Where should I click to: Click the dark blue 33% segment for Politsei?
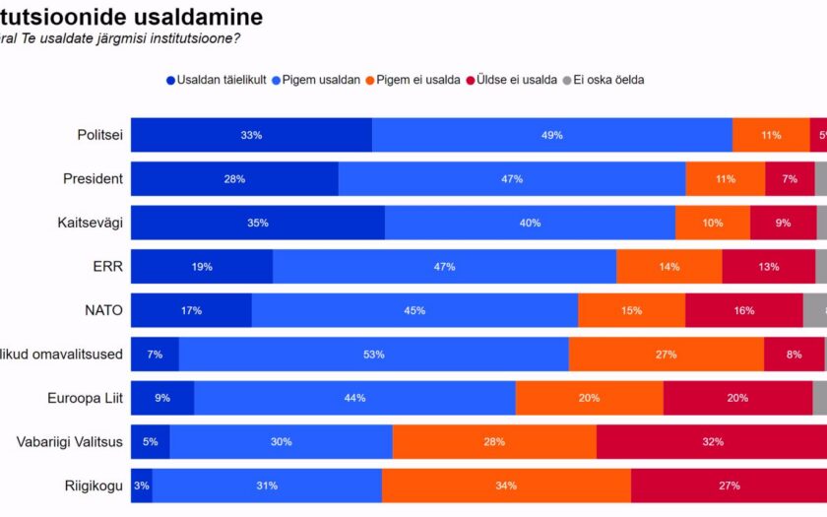point(251,135)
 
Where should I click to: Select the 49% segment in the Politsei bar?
point(551,135)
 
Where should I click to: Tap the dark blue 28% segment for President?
point(234,179)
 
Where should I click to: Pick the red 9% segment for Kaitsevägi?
point(783,223)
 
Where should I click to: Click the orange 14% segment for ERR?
point(668,267)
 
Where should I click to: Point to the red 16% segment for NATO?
point(743,310)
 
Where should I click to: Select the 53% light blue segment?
point(373,355)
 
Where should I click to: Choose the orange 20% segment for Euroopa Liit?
point(589,398)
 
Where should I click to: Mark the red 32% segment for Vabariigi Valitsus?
point(712,442)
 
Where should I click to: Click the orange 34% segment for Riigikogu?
point(506,485)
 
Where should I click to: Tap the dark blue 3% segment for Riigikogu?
point(142,485)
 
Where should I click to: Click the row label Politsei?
point(100,135)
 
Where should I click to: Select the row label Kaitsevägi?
point(91,223)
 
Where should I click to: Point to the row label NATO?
point(102,310)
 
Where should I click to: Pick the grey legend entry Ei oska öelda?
point(602,80)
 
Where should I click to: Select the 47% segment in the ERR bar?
point(444,267)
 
